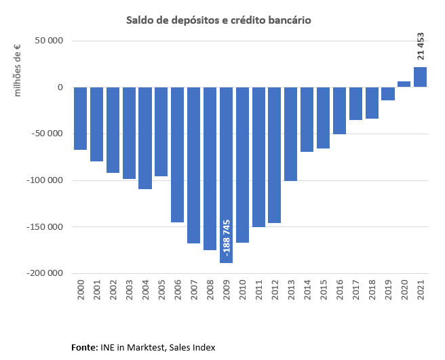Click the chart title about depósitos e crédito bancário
(x=218, y=20)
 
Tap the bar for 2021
(x=421, y=77)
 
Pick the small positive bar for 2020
(x=404, y=84)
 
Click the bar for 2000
(x=80, y=119)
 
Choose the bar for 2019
(x=388, y=94)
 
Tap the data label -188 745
(x=226, y=239)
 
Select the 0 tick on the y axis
(x=60, y=87)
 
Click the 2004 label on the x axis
(x=145, y=292)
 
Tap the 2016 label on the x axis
(x=340, y=292)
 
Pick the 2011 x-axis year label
(x=258, y=292)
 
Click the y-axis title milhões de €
(x=18, y=70)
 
